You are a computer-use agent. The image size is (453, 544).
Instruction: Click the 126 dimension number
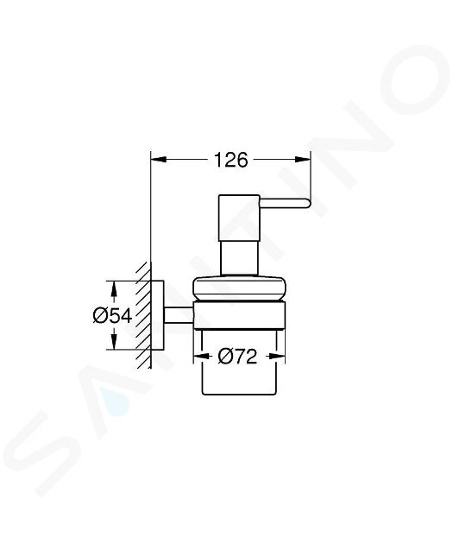point(231,160)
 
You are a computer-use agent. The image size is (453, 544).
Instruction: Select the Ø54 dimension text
point(113,316)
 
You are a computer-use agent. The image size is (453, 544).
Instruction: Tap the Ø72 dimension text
point(238,356)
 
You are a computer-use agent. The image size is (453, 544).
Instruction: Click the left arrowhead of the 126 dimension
point(159,159)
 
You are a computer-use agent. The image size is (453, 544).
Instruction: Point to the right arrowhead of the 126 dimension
point(302,159)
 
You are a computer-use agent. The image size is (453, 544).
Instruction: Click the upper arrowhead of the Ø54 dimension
point(113,288)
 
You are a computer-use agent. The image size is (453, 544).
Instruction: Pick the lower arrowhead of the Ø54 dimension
point(113,341)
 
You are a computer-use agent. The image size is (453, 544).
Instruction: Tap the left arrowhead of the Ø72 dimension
point(201,356)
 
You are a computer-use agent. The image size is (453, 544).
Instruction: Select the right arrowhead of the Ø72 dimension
point(277,356)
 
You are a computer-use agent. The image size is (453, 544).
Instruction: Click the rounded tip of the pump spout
point(308,203)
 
